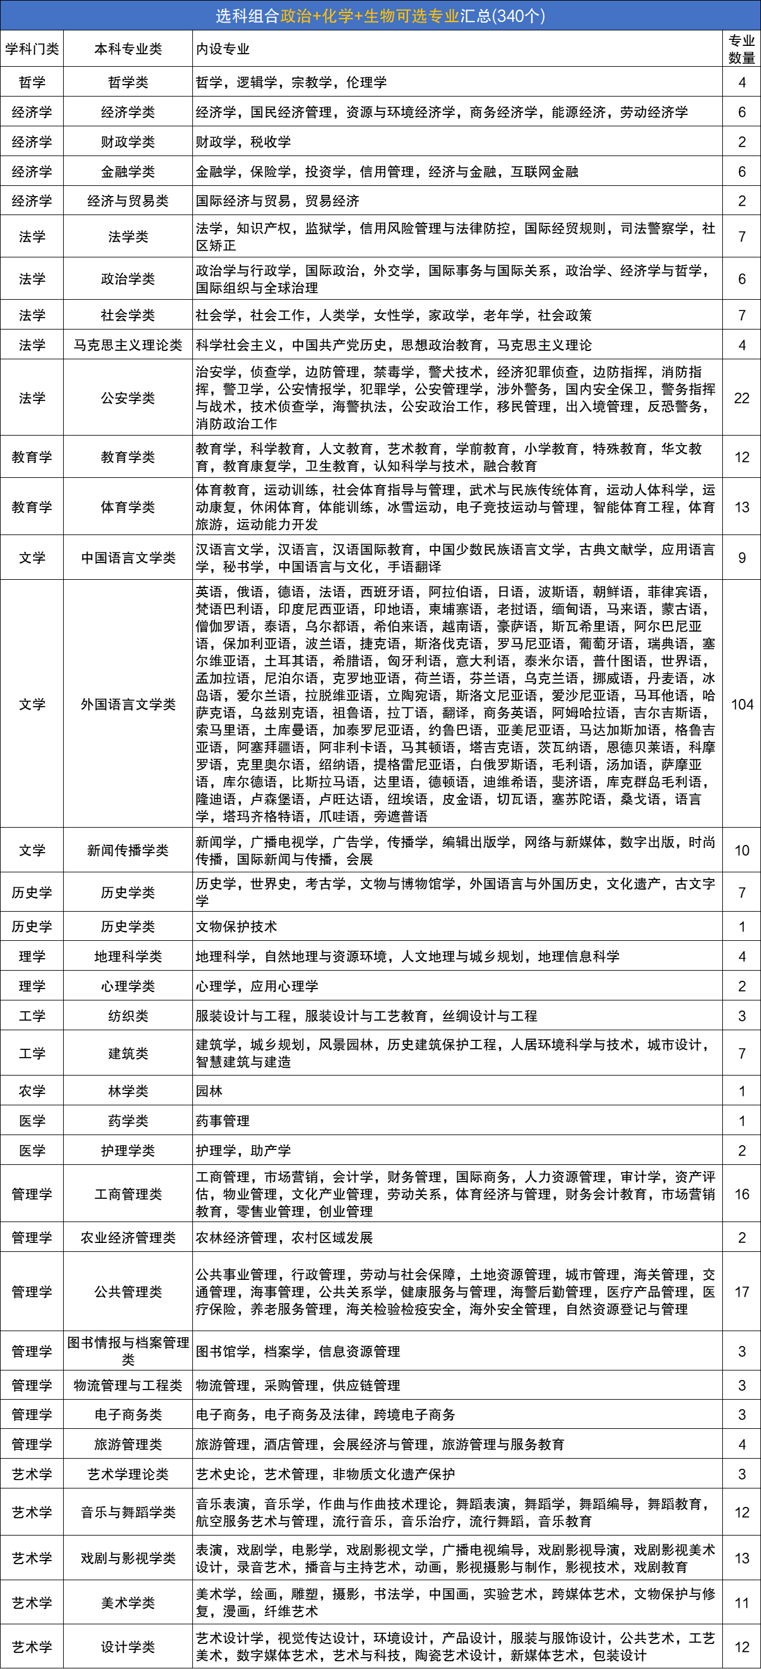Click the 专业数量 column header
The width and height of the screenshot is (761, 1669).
pyautogui.click(x=741, y=49)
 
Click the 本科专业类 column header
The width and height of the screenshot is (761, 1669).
pyautogui.click(x=127, y=49)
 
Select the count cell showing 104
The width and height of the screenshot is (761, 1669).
pyautogui.click(x=741, y=704)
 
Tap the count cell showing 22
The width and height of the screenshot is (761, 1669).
pyautogui.click(x=741, y=398)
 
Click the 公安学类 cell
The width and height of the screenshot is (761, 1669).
pyautogui.click(x=127, y=398)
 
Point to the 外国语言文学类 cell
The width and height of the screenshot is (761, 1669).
pyautogui.click(x=127, y=704)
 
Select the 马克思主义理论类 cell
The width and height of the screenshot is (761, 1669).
pyautogui.click(x=127, y=344)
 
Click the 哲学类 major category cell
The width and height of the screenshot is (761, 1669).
pyautogui.click(x=127, y=82)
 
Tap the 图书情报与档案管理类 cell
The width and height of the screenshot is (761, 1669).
pyautogui.click(x=127, y=1350)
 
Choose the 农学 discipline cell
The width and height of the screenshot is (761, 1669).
pyautogui.click(x=32, y=1090)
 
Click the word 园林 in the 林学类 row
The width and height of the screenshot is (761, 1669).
pyautogui.click(x=209, y=1091)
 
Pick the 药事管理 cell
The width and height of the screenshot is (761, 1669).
pyautogui.click(x=223, y=1121)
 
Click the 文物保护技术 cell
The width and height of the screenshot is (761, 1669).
pyautogui.click(x=236, y=927)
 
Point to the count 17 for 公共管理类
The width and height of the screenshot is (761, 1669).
pyautogui.click(x=741, y=1291)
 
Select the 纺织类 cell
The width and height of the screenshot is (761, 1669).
pyautogui.click(x=127, y=1016)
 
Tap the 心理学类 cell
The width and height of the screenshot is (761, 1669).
pyautogui.click(x=127, y=986)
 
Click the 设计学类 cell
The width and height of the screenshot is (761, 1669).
pyautogui.click(x=127, y=1646)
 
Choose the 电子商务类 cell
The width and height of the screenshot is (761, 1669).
pyautogui.click(x=127, y=1415)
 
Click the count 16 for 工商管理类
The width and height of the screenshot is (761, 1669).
pyautogui.click(x=741, y=1194)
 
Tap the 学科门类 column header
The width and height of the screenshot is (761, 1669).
pyautogui.click(x=32, y=49)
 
